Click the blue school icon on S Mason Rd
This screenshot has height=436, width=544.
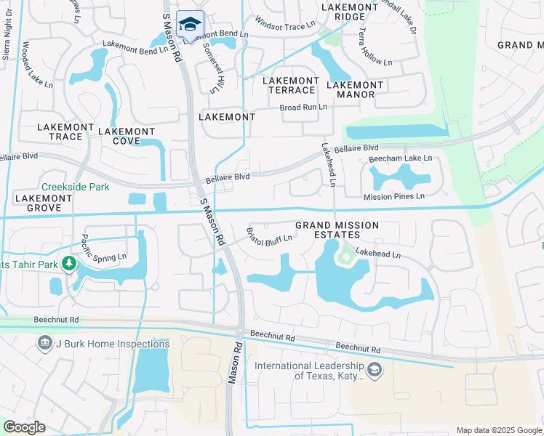(x=191, y=24)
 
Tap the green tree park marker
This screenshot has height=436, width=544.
(x=70, y=263)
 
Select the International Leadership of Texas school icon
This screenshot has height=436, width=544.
(x=375, y=371)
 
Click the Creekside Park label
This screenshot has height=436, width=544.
(x=75, y=187)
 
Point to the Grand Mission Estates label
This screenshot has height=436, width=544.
(x=337, y=230)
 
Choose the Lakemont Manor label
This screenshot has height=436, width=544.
(x=354, y=89)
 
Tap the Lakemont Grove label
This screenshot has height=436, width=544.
(x=44, y=203)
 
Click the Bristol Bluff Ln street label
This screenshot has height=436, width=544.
(x=269, y=236)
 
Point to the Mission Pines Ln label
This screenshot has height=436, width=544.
(x=394, y=196)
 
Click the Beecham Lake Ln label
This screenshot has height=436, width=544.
(x=400, y=158)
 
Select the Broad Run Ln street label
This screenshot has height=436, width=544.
(x=303, y=107)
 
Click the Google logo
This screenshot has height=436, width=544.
(x=24, y=427)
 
